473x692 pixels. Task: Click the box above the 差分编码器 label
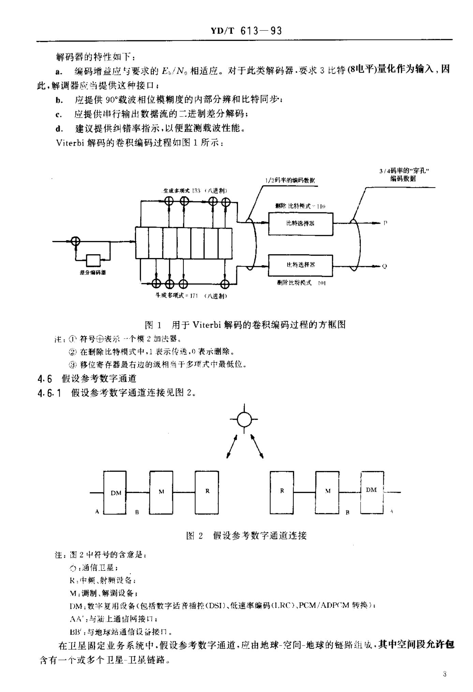coord(93,260)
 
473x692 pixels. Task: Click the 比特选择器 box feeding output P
coord(300,224)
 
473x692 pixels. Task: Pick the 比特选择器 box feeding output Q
coord(300,265)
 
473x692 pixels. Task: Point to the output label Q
coord(385,267)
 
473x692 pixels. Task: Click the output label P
coord(385,223)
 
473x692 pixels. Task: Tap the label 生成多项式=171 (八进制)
coord(191,296)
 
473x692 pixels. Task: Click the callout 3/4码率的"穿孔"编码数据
coord(403,175)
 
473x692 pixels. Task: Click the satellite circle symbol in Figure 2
coord(244,419)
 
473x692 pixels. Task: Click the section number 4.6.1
coord(49,393)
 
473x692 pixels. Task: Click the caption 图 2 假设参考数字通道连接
coord(246,536)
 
